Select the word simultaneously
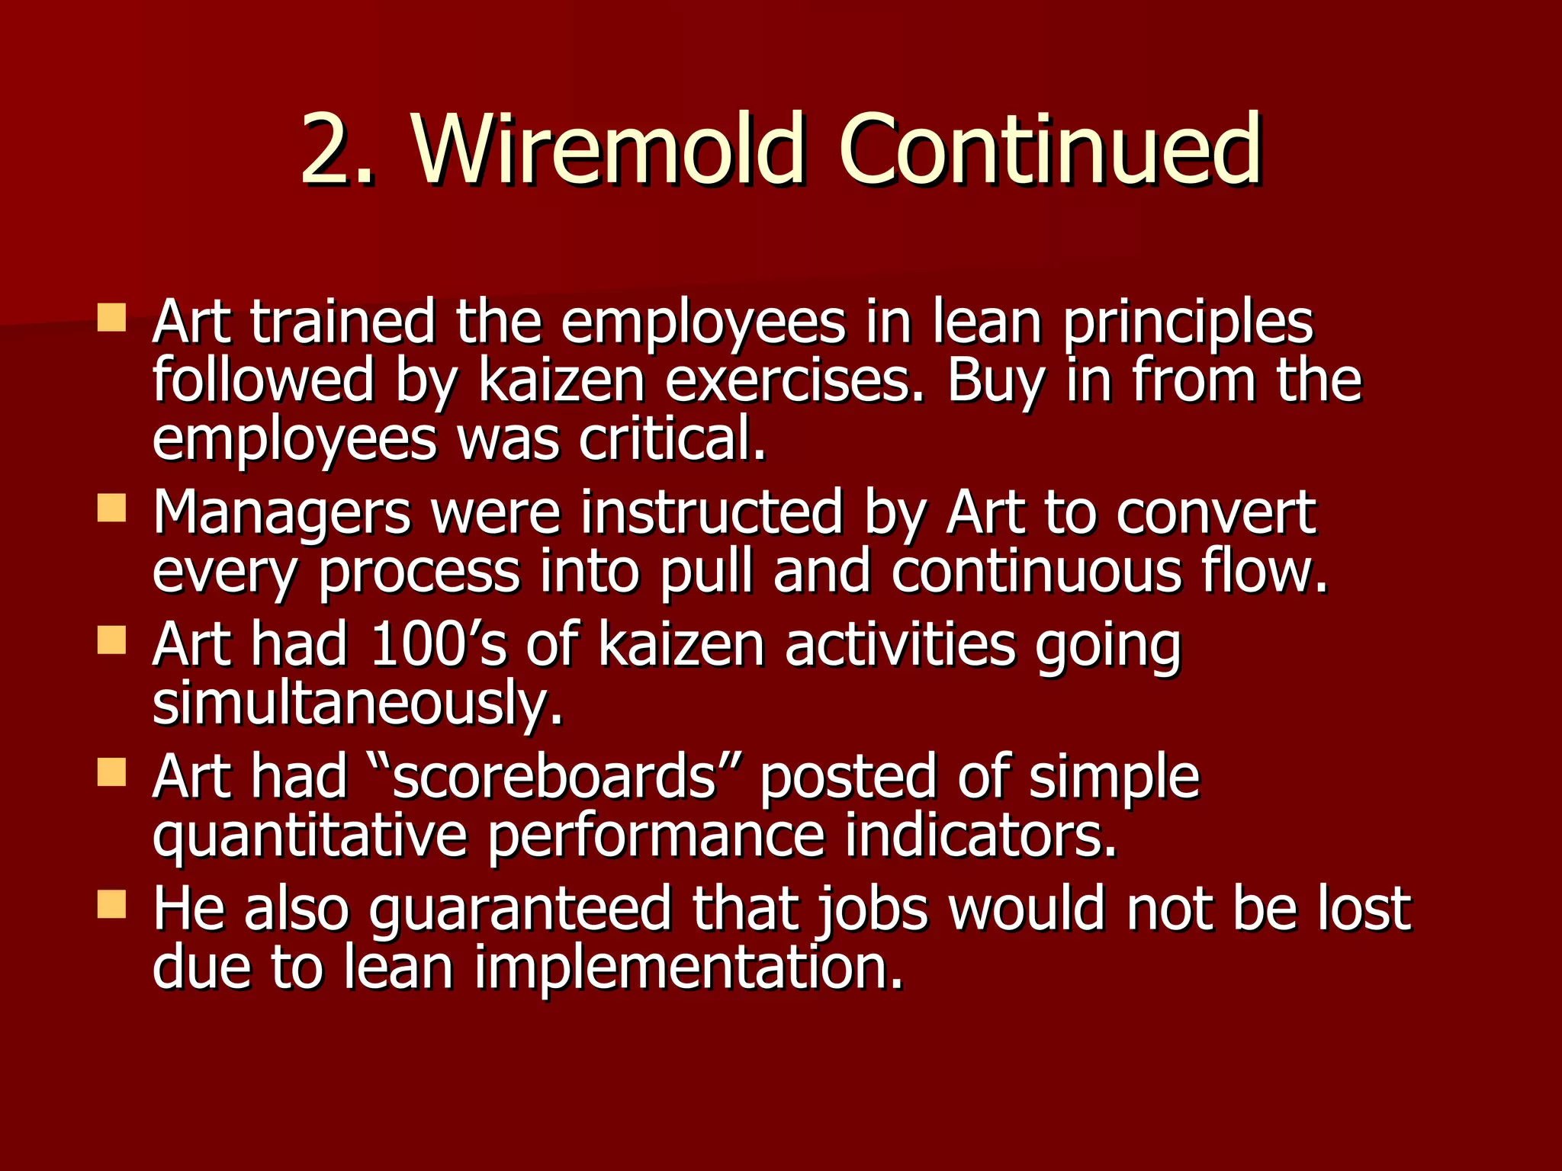[x=357, y=704]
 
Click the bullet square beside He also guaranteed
[x=111, y=904]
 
